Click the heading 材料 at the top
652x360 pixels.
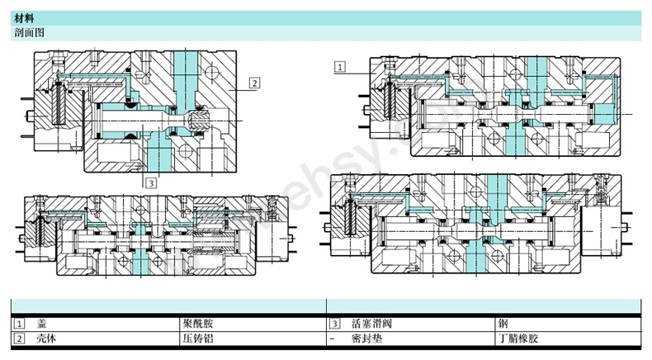pyautogui.click(x=25, y=17)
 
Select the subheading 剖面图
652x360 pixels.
pyautogui.click(x=29, y=32)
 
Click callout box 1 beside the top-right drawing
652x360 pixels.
pyautogui.click(x=340, y=64)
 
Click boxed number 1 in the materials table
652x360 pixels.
pyautogui.click(x=19, y=324)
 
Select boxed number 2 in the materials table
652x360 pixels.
pyautogui.click(x=19, y=339)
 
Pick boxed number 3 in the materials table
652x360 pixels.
pyautogui.click(x=335, y=324)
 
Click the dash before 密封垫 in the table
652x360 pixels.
pyautogui.click(x=333, y=339)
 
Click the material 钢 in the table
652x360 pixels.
pyautogui.click(x=503, y=324)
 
